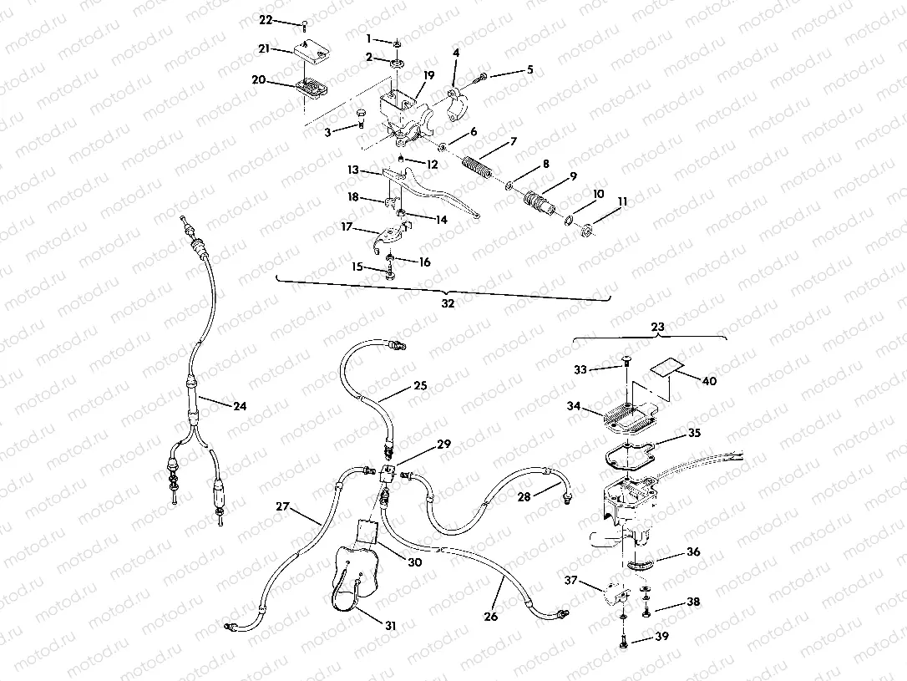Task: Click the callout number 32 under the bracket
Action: [448, 304]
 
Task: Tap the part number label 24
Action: [240, 407]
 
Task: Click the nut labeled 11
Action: [587, 229]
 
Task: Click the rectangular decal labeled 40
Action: [667, 367]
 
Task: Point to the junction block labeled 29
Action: [387, 475]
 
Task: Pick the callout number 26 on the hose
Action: [490, 617]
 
